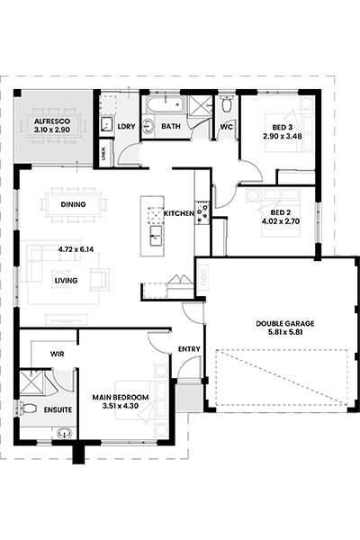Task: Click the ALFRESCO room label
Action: point(52,121)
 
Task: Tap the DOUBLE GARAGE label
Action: point(285,324)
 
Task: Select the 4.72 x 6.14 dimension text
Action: point(76,249)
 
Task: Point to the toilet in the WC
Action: point(227,104)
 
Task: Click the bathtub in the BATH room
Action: point(165,104)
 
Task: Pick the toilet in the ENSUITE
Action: point(28,409)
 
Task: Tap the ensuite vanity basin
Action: point(64,433)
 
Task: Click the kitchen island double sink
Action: point(156,236)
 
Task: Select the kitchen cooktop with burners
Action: point(202,211)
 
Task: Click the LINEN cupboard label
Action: point(103,154)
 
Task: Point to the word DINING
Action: point(74,204)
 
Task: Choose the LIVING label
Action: point(66,281)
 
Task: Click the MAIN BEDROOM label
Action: point(121,398)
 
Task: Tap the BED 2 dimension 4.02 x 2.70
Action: point(281,221)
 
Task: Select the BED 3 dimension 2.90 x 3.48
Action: point(283,136)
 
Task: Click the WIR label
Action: point(58,354)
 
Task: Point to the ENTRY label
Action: point(189,349)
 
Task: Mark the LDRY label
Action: point(126,126)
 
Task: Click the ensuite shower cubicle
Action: point(31,382)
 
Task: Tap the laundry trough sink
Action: point(107,123)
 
